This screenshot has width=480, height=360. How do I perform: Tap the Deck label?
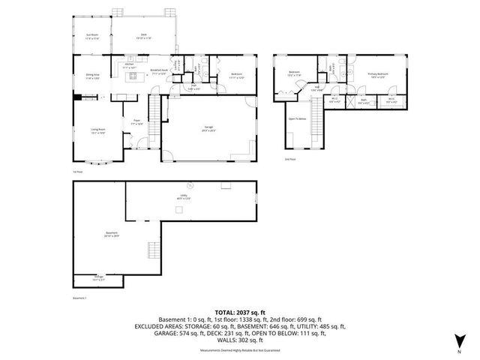pyautogui.click(x=142, y=34)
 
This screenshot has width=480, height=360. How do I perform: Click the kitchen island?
pyautogui.click(x=134, y=76)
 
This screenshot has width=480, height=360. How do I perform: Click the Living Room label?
pyautogui.click(x=98, y=132)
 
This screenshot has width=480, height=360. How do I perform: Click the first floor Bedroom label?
pyautogui.click(x=236, y=74)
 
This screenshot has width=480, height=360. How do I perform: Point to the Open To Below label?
pyautogui.click(x=298, y=118)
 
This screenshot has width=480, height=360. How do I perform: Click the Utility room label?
pyautogui.click(x=181, y=197)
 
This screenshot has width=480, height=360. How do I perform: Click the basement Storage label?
pyautogui.click(x=99, y=277)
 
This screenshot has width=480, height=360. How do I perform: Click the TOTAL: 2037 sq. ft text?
pyautogui.click(x=240, y=312)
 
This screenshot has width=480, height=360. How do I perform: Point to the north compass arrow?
pyautogui.click(x=459, y=343)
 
